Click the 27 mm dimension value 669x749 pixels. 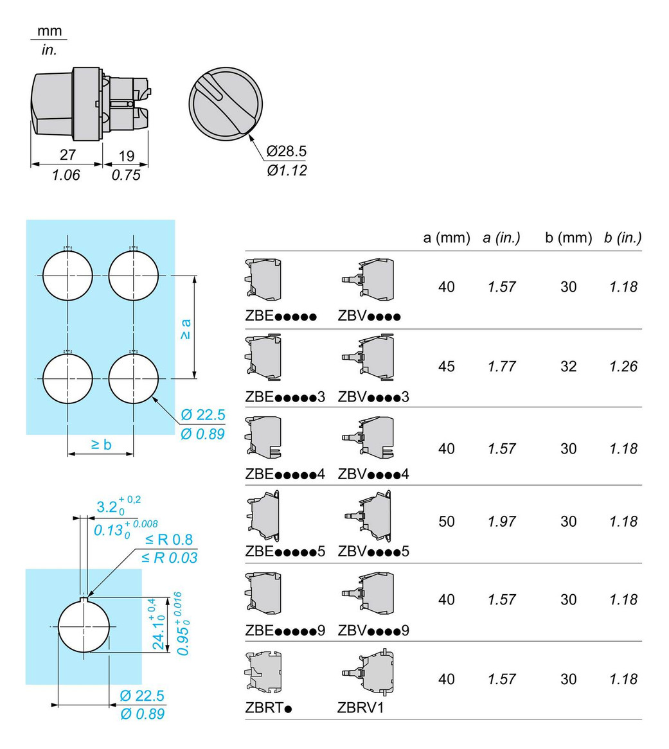[68, 154]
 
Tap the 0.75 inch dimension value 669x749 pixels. [126, 175]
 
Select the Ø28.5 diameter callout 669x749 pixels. [286, 151]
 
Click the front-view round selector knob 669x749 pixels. [226, 103]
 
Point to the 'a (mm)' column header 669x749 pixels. [447, 238]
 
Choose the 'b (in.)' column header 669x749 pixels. [623, 238]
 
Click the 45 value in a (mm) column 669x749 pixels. [447, 366]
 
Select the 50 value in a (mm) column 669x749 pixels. [447, 521]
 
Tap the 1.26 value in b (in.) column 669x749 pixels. [623, 366]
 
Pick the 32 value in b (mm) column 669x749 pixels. [569, 366]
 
